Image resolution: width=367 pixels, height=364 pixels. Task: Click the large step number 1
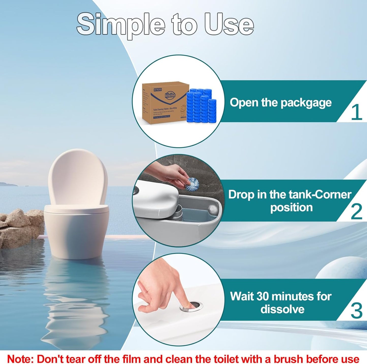pos(356,112)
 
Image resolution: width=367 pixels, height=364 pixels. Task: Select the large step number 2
pos(356,211)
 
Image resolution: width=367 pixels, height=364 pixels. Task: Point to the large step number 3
pos(356,311)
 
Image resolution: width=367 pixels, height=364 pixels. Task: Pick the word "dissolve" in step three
pos(282,309)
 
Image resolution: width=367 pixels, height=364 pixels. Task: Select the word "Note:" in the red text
pos(20,359)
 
